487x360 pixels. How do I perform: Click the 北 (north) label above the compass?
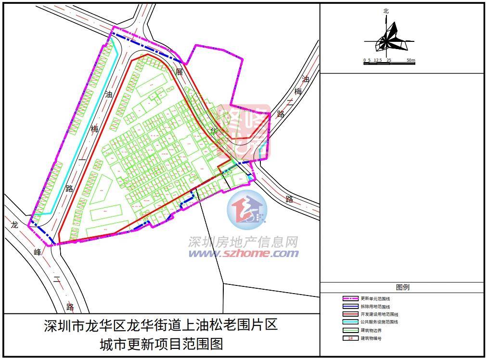pos(386,11)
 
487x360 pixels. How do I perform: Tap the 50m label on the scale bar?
pos(410,60)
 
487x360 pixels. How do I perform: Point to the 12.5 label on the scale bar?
pos(377,60)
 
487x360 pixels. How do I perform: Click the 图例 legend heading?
pos(402,287)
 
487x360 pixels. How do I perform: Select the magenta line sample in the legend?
pos(350,298)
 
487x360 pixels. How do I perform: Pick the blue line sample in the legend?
pos(350,307)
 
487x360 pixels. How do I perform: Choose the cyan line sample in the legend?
pos(350,322)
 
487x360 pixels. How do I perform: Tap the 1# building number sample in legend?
pos(350,338)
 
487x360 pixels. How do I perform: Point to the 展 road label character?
pos(179,72)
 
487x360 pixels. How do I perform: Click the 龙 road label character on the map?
pos(14,225)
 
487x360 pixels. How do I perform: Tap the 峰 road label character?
pos(38,252)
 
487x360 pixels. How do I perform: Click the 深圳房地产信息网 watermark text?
pos(243,242)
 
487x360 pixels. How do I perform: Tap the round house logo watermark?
pos(247,210)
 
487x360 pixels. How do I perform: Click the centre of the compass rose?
pos(386,41)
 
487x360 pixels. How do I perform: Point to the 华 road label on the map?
pos(215,130)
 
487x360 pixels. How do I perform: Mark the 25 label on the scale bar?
pos(389,60)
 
